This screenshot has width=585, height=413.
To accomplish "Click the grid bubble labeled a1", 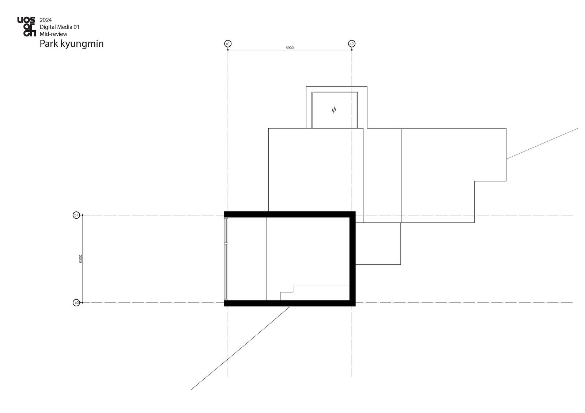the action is point(228,43).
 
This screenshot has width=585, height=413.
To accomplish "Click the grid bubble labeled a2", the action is point(352,43).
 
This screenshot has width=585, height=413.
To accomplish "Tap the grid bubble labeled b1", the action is point(76,215).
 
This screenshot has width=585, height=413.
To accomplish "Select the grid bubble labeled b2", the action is point(76,303).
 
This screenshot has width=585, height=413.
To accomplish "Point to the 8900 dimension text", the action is point(290,48).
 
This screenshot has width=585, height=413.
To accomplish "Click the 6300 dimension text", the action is point(81,259).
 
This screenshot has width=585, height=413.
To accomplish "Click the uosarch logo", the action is point(26,27).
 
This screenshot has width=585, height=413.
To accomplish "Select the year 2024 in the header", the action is point(46,20).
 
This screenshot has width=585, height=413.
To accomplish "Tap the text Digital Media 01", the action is point(59,27).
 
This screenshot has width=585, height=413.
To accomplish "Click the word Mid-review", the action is point(53,34).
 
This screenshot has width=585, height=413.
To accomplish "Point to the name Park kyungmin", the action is point(72,43).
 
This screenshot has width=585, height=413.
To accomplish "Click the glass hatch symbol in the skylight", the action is point(334,110).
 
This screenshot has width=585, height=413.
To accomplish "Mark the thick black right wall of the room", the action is point(352,259).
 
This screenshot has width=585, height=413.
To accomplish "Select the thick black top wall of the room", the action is point(290,214).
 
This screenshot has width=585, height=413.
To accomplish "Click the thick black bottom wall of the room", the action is point(290,303).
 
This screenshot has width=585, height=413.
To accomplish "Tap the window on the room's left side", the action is point(226,259).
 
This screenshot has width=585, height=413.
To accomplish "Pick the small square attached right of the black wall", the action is point(378,244).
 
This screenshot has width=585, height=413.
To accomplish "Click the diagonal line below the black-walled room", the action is point(241,348).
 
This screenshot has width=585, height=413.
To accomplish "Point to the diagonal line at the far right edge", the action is point(542,144).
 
